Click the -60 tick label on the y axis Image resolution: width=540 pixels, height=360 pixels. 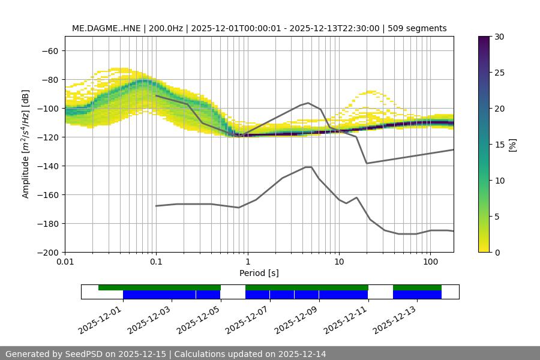pyautogui.click(x=49, y=50)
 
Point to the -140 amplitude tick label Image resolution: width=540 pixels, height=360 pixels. pyautogui.click(x=47, y=166)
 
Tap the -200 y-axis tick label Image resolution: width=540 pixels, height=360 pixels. pyautogui.click(x=47, y=252)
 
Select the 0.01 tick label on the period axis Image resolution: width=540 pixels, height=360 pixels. pyautogui.click(x=65, y=262)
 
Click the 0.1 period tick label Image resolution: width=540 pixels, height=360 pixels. pyautogui.click(x=156, y=262)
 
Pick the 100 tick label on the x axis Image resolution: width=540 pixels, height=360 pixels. pyautogui.click(x=430, y=262)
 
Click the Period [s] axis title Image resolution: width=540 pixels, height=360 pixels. pyautogui.click(x=259, y=273)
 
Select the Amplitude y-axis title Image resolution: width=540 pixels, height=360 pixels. pyautogui.click(x=26, y=144)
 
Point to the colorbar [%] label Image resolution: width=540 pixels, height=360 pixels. pyautogui.click(x=512, y=145)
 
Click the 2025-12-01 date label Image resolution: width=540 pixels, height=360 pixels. pyautogui.click(x=100, y=319)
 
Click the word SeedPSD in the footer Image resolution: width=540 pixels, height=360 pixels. pyautogui.click(x=83, y=354)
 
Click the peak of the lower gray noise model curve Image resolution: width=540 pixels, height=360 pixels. pyautogui.click(x=308, y=167)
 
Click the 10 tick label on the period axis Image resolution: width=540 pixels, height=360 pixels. pyautogui.click(x=338, y=262)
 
